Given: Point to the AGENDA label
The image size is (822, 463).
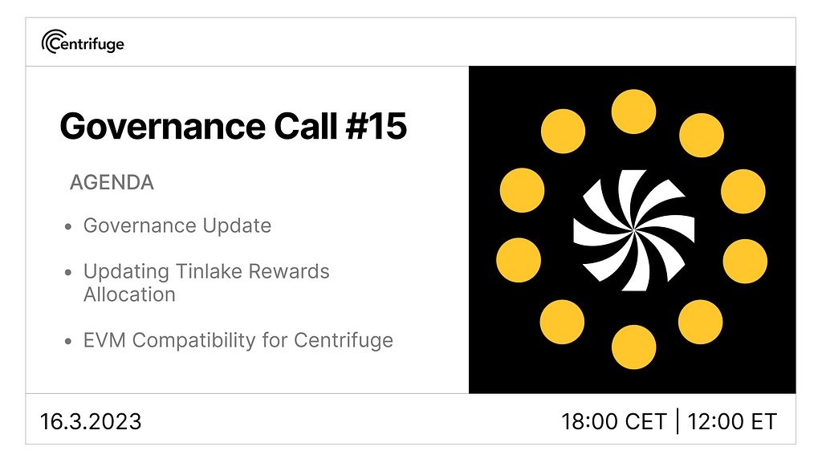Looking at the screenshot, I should point(112,182).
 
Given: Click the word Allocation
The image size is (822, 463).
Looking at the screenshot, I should point(129,294).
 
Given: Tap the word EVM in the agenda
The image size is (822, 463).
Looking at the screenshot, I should point(105,340).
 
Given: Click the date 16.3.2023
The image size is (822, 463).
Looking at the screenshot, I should point(91,420).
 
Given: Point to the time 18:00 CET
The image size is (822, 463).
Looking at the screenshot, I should point(614,421).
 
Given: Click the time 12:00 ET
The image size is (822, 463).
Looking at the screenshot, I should point(733,421).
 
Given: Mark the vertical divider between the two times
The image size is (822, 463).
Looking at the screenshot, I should point(678,420).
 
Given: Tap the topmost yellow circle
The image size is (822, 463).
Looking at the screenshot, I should point(633,112).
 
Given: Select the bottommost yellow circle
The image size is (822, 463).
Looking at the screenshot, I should point(633,347).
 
